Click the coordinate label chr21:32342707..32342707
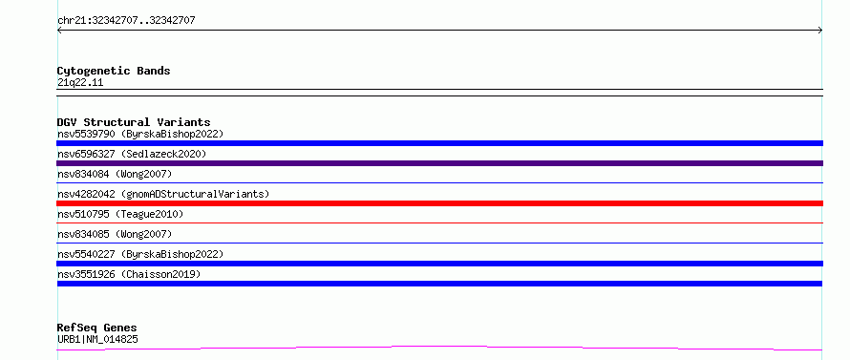click(x=126, y=21)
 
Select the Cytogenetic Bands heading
click(x=114, y=71)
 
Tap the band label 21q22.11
click(x=80, y=83)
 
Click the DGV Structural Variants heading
click(x=134, y=122)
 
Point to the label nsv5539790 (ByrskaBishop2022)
click(x=140, y=134)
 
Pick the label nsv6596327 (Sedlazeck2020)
click(x=132, y=154)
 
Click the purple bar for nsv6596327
click(x=439, y=163)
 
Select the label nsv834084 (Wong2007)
click(x=115, y=174)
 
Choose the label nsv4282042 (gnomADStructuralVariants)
click(x=163, y=194)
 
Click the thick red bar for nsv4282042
click(x=439, y=203)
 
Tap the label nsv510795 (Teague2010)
click(x=120, y=214)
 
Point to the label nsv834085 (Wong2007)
click(x=115, y=234)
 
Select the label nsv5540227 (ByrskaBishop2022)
click(x=140, y=254)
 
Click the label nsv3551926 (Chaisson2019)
click(x=129, y=274)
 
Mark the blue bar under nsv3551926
click(x=439, y=284)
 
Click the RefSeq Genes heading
click(x=97, y=328)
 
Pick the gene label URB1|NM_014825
click(x=97, y=340)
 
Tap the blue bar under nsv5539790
click(x=439, y=143)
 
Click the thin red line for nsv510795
click(x=439, y=222)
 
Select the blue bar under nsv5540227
click(x=439, y=264)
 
